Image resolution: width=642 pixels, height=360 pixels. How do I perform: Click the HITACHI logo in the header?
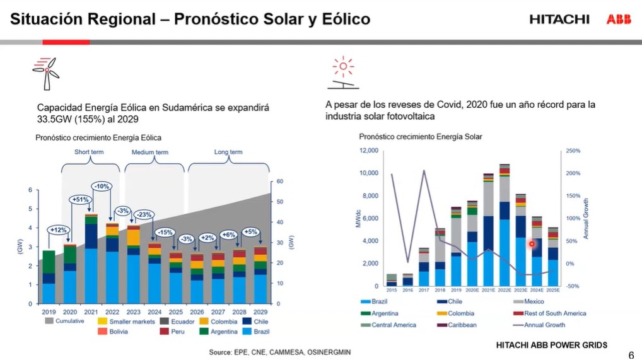pyautogui.click(x=559, y=20)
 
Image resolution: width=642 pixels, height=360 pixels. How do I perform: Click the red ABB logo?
pyautogui.click(x=619, y=20)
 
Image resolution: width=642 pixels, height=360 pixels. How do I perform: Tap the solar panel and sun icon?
pyautogui.click(x=343, y=73)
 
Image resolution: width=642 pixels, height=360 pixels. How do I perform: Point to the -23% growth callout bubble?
pyautogui.click(x=144, y=214)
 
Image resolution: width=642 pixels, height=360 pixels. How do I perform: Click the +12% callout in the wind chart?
pyautogui.click(x=59, y=229)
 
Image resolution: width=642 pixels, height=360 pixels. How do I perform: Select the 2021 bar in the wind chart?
pyautogui.click(x=91, y=258)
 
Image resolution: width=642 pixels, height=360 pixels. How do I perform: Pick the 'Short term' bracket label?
pyautogui.click(x=89, y=152)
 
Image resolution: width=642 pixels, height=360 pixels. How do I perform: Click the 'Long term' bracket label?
pyautogui.click(x=228, y=152)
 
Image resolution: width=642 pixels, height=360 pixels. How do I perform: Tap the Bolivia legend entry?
pyautogui.click(x=114, y=331)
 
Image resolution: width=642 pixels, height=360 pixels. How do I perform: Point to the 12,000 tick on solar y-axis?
pyautogui.click(x=368, y=151)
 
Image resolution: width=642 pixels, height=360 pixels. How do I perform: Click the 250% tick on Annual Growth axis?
pyautogui.click(x=573, y=151)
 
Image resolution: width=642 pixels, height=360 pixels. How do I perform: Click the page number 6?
pyautogui.click(x=631, y=354)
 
